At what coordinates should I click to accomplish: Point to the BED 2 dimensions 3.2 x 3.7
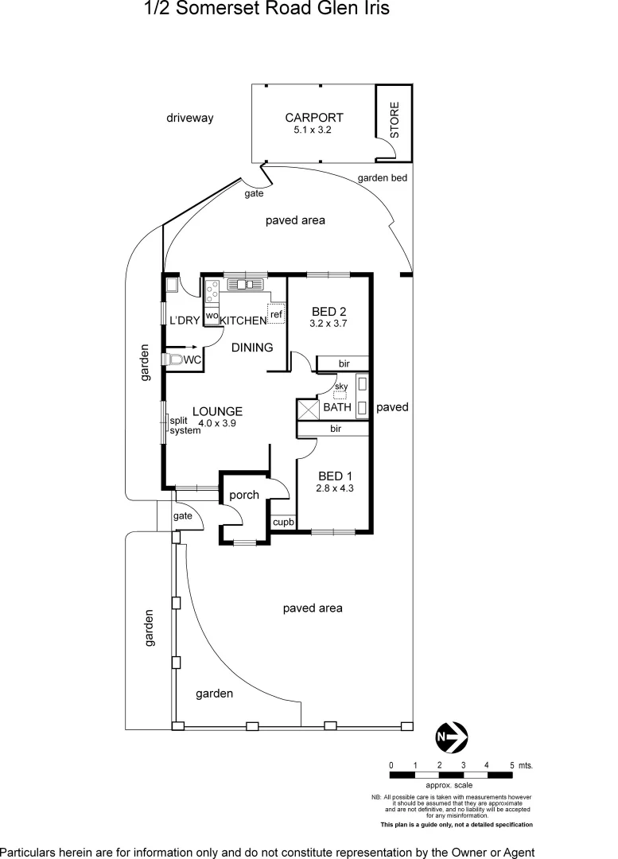coord(328,324)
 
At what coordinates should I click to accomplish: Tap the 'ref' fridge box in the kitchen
coord(276,314)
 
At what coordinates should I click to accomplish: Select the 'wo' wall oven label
coord(212,316)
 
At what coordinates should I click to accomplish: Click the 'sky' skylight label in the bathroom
coord(341,387)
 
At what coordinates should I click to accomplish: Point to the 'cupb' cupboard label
coord(283,523)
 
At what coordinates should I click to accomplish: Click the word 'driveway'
coord(190,118)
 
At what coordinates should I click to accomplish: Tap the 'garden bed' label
coord(382,178)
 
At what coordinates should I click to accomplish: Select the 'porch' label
coord(244,495)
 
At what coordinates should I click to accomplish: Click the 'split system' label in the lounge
coord(185,425)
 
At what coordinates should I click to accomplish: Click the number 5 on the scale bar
coord(511,764)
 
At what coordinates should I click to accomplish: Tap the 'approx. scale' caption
coord(449,785)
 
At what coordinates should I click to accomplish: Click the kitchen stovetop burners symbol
coord(212,293)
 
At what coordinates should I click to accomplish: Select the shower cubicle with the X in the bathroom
coord(307,408)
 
